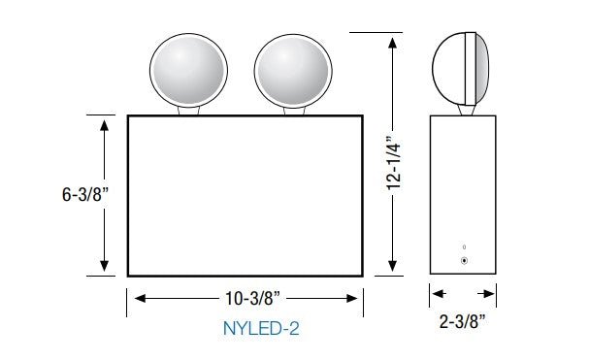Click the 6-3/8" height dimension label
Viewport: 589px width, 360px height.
[x=84, y=194]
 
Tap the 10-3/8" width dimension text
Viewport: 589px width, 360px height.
[x=252, y=298]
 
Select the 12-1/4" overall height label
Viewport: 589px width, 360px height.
[x=394, y=163]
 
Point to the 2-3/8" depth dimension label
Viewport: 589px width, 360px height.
[x=463, y=321]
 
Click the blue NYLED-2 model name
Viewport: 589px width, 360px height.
[x=261, y=328]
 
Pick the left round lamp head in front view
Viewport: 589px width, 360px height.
[x=188, y=70]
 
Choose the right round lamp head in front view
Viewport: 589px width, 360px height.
[x=293, y=72]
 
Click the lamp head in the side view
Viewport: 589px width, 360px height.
[x=461, y=69]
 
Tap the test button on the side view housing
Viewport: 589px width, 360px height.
[x=464, y=260]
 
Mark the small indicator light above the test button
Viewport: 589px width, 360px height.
[x=464, y=246]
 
